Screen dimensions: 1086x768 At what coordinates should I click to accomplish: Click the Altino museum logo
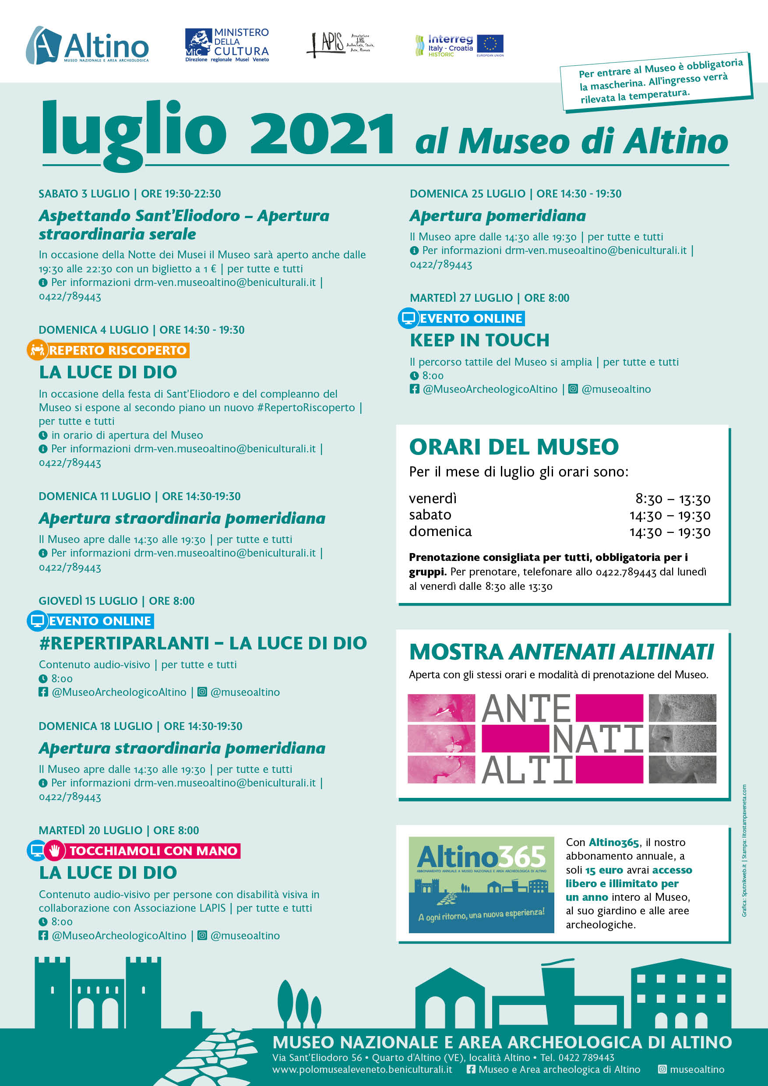(88, 46)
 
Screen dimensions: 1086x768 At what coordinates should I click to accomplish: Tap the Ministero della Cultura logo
(226, 45)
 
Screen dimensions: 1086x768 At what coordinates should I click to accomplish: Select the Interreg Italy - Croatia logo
(444, 46)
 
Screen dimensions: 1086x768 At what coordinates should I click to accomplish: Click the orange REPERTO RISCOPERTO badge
(118, 350)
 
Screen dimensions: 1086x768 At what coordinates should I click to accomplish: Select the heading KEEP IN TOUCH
(479, 340)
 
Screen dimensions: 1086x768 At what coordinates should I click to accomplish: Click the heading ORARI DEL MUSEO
(514, 447)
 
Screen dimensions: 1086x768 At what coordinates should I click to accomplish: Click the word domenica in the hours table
(440, 532)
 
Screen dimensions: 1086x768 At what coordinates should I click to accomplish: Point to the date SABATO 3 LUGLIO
(84, 194)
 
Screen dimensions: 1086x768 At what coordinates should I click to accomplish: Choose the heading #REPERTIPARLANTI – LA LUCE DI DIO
(203, 643)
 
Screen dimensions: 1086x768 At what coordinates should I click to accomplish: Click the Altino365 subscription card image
(481, 885)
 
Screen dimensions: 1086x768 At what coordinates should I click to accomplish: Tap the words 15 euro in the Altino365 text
(604, 870)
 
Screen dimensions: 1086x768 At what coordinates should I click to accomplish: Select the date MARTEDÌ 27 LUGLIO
(461, 298)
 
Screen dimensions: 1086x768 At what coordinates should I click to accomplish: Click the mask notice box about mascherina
(655, 82)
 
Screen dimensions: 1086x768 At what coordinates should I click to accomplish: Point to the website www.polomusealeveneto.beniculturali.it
(362, 1069)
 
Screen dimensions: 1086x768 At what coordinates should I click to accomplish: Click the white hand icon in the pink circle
(54, 850)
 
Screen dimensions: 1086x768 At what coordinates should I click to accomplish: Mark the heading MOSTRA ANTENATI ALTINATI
(561, 652)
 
